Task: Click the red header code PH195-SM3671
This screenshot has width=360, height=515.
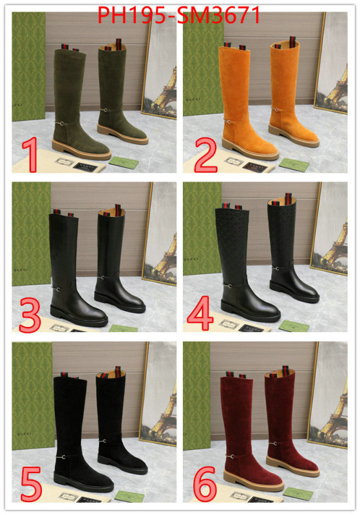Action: pyautogui.click(x=179, y=14)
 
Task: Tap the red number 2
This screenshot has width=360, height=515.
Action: pyautogui.click(x=205, y=154)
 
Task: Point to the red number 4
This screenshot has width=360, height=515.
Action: pyautogui.click(x=200, y=315)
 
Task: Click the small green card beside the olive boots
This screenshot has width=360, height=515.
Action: pyautogui.click(x=123, y=162)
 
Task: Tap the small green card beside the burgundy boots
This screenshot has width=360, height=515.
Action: pyautogui.click(x=296, y=494)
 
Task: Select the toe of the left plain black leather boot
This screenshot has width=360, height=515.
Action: pyautogui.click(x=93, y=319)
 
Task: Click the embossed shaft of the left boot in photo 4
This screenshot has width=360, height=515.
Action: pyautogui.click(x=231, y=245)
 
